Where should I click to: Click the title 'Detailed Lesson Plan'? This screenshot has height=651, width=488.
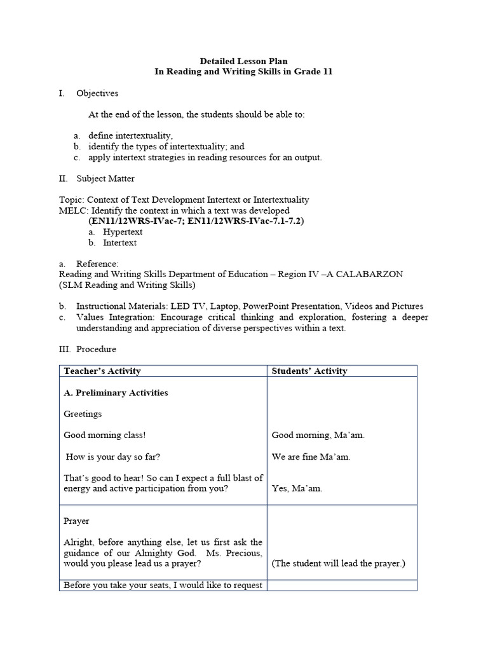coord(243,61)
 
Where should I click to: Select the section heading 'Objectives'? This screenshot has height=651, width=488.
coord(97,93)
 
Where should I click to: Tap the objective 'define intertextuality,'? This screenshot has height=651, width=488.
coord(130,136)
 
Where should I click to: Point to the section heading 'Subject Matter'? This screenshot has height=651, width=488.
coord(105,179)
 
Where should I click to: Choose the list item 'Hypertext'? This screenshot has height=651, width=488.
coord(123,232)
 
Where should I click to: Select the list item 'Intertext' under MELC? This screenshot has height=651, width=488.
coord(119,243)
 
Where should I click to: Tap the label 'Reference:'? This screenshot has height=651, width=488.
coord(97,264)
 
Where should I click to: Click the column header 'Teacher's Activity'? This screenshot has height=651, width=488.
coord(102,371)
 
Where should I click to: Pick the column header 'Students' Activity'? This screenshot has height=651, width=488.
coord(309,371)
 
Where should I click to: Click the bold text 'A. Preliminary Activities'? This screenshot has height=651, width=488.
coord(116,393)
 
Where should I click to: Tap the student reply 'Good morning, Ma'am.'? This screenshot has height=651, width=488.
coord(318,435)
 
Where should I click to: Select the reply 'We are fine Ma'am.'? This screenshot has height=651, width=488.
coord(311,456)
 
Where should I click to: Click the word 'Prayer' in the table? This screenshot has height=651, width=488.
coord(76,521)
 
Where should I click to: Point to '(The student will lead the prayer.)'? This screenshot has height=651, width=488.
coord(338,563)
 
